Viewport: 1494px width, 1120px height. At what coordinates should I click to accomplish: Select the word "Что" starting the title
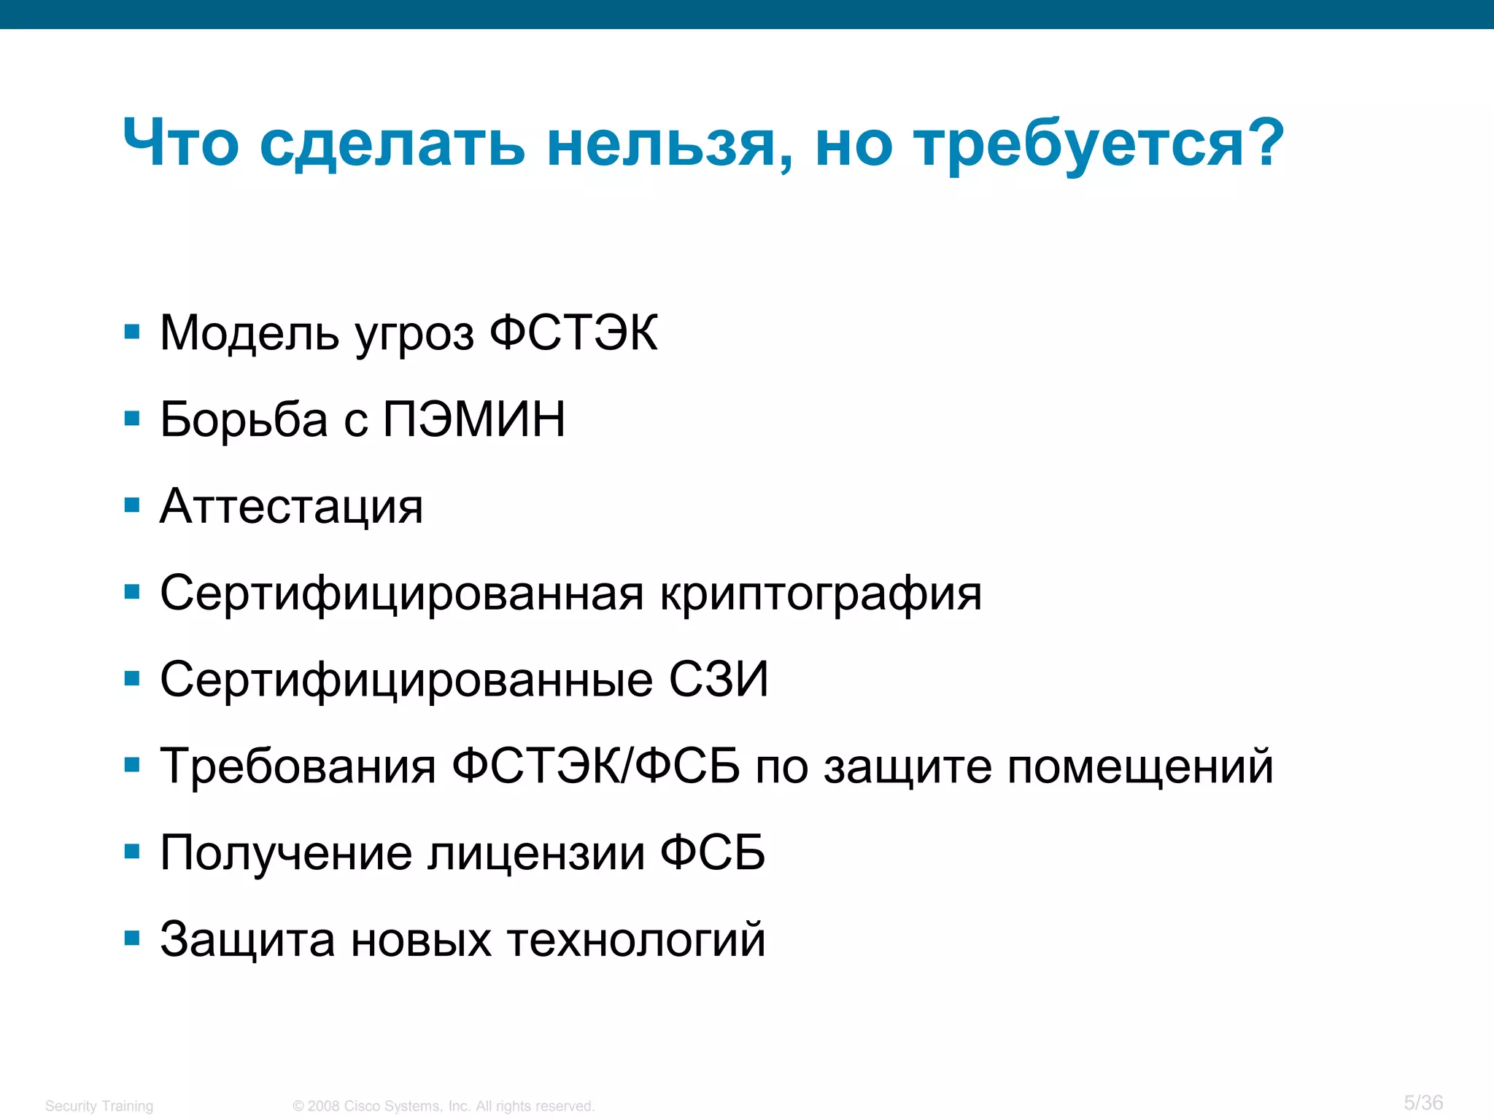coord(181,143)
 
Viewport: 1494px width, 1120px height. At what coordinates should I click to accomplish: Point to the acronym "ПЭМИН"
coord(474,420)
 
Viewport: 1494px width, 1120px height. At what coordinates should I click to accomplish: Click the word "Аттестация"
coord(291,507)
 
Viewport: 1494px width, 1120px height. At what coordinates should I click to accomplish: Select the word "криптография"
coord(821,594)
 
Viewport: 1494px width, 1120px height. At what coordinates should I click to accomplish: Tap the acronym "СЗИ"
coord(719,680)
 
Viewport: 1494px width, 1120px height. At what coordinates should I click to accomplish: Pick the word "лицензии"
coord(536,853)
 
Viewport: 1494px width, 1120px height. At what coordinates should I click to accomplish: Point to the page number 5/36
coord(1423,1102)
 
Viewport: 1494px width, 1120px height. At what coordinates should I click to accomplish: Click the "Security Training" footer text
coord(99,1106)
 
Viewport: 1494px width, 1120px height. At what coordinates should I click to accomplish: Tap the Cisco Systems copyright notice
coord(444,1106)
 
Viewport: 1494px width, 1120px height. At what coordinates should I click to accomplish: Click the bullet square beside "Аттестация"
coord(132,505)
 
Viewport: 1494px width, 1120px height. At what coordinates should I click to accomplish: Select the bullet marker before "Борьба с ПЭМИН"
coord(132,419)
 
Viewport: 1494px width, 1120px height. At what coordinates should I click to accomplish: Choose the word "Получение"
coord(286,853)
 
